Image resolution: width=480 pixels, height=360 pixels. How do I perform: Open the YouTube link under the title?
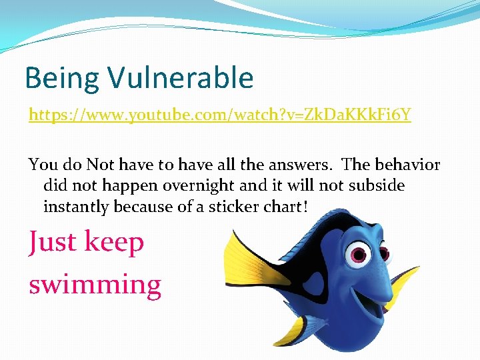(219, 115)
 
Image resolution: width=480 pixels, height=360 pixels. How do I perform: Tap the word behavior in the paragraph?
(406, 165)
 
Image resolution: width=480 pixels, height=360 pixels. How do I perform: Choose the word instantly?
(76, 207)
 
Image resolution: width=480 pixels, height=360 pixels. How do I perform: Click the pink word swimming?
(95, 285)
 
